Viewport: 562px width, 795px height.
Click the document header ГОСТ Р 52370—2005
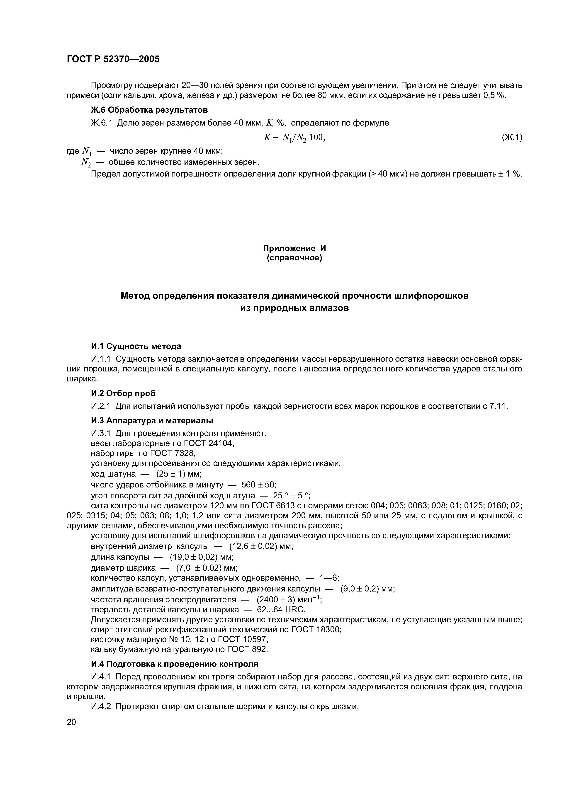coord(113,59)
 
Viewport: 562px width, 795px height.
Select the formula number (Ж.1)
coord(512,138)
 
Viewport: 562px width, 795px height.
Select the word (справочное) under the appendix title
coord(294,258)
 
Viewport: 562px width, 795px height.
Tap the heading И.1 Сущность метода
coord(136,346)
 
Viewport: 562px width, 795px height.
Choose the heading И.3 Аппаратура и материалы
coord(152,420)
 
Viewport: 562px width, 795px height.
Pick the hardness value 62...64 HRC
coord(281,610)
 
